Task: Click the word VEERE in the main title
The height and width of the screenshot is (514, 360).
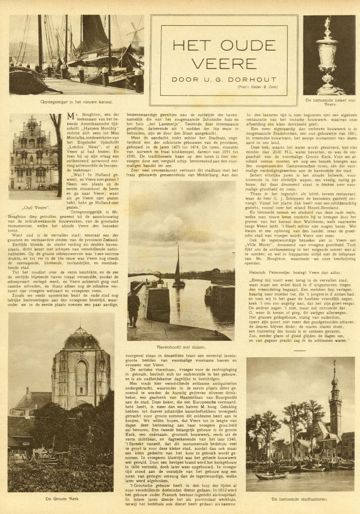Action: tap(224, 59)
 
